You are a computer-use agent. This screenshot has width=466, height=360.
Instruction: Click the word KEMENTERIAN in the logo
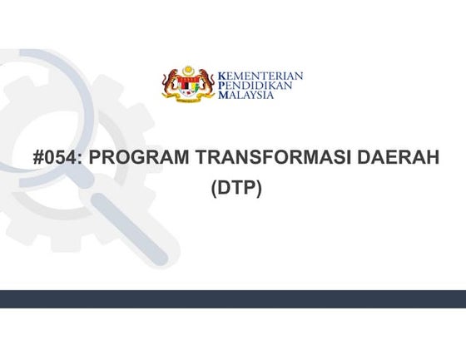pyautogui.click(x=260, y=76)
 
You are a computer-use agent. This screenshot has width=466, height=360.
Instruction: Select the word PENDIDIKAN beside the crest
pyautogui.click(x=255, y=86)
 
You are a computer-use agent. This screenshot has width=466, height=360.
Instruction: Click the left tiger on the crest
pyautogui.click(x=172, y=84)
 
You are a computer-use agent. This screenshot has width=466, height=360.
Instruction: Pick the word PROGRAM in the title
pyautogui.click(x=136, y=158)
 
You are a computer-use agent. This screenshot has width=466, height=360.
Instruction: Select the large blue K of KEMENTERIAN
pyautogui.click(x=221, y=76)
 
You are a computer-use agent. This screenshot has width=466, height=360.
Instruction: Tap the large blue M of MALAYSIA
pyautogui.click(x=221, y=95)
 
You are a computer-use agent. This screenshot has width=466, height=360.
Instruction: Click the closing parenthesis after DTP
pyautogui.click(x=259, y=188)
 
